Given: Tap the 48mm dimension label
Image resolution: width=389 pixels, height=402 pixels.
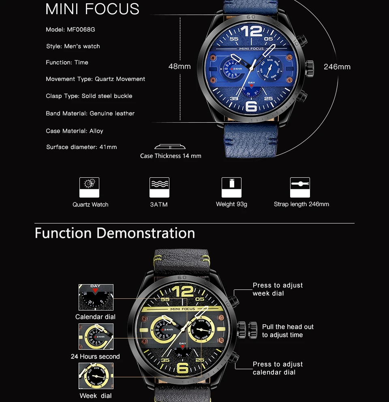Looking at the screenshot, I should point(180,66).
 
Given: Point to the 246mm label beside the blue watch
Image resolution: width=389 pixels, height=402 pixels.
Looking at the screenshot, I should point(337,67).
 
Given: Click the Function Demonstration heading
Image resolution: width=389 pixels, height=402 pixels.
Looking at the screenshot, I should point(115,233).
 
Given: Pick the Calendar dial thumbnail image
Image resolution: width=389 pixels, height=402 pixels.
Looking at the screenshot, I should point(96,297).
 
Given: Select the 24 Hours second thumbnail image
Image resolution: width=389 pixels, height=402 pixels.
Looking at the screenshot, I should point(96,336).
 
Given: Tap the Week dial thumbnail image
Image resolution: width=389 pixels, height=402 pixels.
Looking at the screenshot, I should point(96,376).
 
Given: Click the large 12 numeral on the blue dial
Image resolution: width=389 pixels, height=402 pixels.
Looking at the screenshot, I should point(251,32).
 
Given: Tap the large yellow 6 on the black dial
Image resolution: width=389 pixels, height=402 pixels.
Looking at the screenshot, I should point(183,368).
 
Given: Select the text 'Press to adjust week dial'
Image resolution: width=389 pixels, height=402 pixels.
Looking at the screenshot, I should point(278,289).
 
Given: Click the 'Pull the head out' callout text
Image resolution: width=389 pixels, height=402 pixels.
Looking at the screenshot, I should point(288,327).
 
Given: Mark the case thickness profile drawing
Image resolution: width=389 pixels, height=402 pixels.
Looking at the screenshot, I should point(170,147).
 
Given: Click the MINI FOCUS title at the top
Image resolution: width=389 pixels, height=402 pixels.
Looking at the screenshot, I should point(92,9).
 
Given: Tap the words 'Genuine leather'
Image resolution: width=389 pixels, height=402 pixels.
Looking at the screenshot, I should point(112,113).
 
